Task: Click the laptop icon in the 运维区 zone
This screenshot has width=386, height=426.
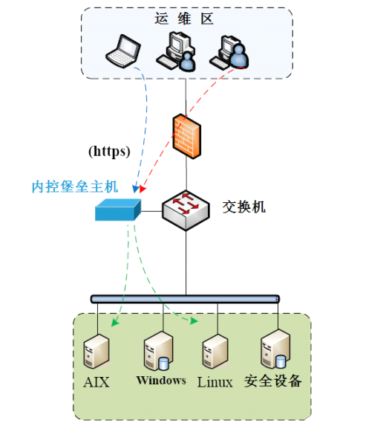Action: pyautogui.click(x=123, y=51)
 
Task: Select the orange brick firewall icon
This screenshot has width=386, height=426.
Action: pyautogui.click(x=187, y=136)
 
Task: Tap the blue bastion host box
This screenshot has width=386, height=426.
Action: pyautogui.click(x=118, y=210)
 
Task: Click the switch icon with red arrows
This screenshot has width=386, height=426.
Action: pyautogui.click(x=186, y=210)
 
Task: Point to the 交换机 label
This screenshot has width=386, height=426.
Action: pyautogui.click(x=244, y=207)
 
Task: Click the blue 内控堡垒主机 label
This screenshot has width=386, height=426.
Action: pyautogui.click(x=75, y=187)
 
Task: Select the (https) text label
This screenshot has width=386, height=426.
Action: pyautogui.click(x=109, y=152)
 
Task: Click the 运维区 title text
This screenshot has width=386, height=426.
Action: pyautogui.click(x=184, y=19)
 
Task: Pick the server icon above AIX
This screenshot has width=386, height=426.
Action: pyautogui.click(x=96, y=351)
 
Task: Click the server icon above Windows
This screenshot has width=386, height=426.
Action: pyautogui.click(x=158, y=351)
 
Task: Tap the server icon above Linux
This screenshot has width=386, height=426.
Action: pyautogui.click(x=215, y=352)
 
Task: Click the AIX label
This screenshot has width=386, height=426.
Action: pyautogui.click(x=96, y=382)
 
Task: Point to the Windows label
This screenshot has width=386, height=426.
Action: pyautogui.click(x=161, y=381)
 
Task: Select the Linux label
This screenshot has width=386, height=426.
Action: pyautogui.click(x=215, y=382)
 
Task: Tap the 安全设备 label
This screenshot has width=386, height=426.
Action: pyautogui.click(x=273, y=381)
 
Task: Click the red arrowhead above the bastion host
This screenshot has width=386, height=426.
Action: pyautogui.click(x=143, y=189)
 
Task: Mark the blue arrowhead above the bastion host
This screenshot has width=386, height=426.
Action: pyautogui.click(x=135, y=189)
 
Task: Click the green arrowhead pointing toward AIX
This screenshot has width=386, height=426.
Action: pyautogui.click(x=115, y=322)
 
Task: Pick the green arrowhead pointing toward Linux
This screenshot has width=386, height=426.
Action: pyautogui.click(x=194, y=321)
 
